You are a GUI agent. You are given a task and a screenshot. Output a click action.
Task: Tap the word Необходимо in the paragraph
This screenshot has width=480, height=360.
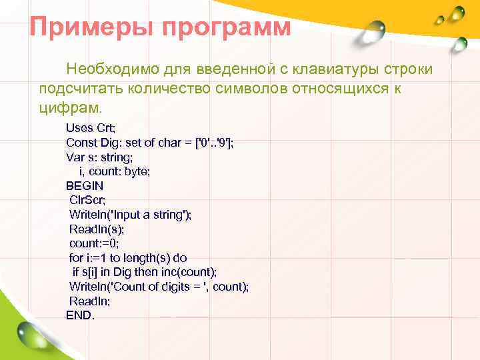109,69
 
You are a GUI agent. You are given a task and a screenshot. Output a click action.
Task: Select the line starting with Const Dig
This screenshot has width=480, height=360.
149,142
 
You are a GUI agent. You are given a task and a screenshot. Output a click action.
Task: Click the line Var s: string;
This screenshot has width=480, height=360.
99,157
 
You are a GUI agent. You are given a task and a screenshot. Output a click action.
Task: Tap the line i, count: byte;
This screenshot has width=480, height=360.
110,171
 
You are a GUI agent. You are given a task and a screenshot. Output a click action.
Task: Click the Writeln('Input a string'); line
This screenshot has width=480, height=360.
130,215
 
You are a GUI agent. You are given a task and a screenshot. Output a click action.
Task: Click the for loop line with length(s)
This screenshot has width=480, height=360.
128,258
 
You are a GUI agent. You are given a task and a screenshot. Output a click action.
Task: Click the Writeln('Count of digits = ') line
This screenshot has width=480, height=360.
159,287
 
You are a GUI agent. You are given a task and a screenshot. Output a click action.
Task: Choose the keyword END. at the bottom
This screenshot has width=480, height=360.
81,315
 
